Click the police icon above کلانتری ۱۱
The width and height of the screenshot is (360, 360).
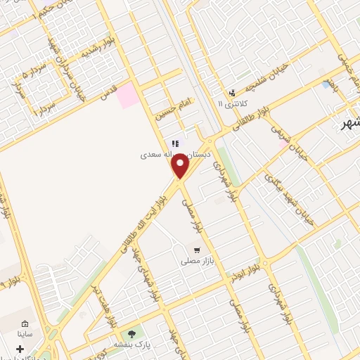[x=231, y=92]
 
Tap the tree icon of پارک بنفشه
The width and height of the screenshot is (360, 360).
[x=130, y=334]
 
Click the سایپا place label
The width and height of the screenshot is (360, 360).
[x=25, y=335]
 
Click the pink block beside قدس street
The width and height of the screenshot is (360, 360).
[x=127, y=96]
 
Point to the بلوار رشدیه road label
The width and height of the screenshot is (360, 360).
[x=97, y=50]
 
